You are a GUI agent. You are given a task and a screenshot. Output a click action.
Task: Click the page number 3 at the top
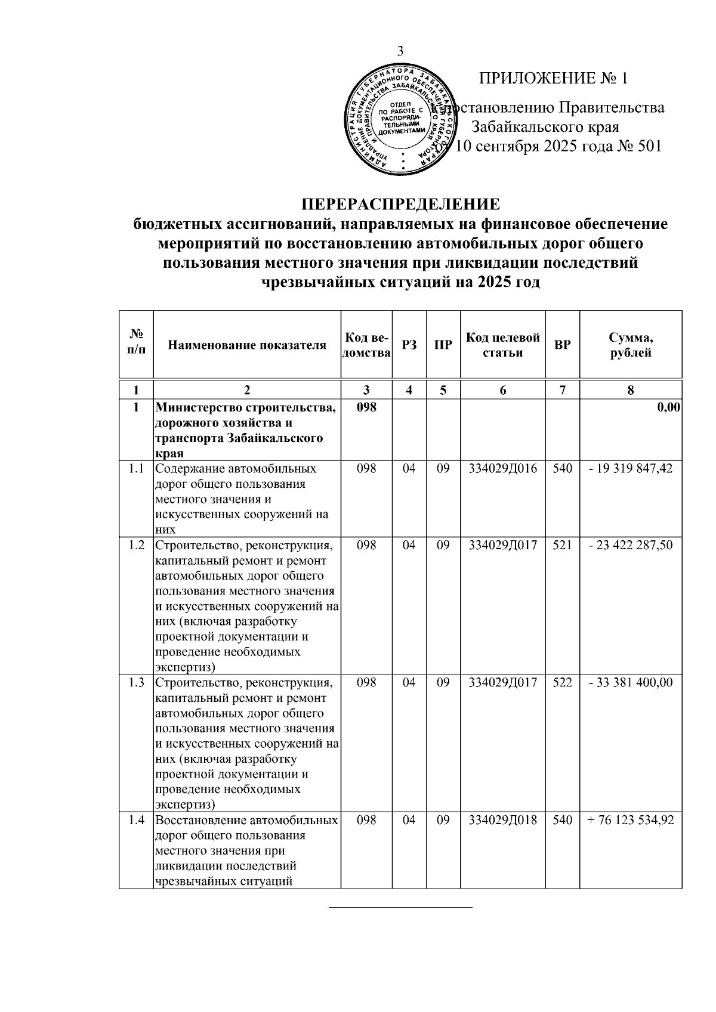click(400, 51)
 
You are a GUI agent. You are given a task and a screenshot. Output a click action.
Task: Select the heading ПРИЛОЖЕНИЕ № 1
click(554, 78)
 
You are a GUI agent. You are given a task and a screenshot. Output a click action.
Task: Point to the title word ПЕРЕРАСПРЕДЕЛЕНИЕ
click(400, 204)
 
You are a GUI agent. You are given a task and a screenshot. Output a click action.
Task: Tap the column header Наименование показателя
click(247, 345)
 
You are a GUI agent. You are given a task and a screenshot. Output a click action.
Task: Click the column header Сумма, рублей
click(631, 345)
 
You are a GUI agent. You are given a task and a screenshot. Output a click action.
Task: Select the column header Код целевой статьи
click(502, 345)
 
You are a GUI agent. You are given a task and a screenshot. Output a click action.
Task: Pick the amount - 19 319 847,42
click(631, 469)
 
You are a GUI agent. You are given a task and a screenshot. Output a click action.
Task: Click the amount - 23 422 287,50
click(631, 545)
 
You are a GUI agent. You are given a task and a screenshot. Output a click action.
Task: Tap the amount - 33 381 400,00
click(631, 682)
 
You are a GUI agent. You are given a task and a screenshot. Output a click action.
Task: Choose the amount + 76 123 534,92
click(631, 820)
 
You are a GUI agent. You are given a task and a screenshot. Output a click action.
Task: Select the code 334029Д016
click(502, 469)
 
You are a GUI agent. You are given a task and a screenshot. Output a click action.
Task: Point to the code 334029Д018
click(502, 820)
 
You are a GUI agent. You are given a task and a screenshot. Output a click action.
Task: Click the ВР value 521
click(562, 545)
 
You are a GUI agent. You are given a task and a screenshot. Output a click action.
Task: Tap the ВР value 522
click(562, 682)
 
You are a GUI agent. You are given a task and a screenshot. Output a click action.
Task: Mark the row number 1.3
click(137, 682)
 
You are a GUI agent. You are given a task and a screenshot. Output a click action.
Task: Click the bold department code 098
click(366, 408)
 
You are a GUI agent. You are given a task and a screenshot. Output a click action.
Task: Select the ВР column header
click(562, 345)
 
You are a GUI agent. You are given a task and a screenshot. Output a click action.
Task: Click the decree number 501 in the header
click(649, 146)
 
